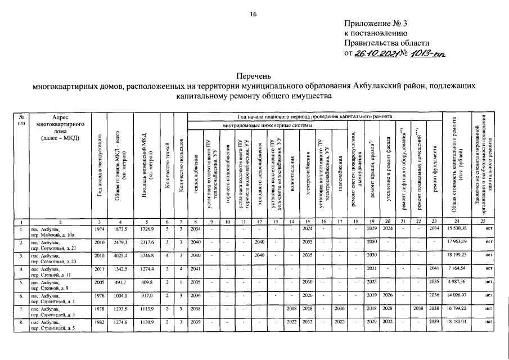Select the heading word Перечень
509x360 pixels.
point(254,75)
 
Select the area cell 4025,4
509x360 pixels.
point(122,256)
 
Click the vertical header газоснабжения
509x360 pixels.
point(339,168)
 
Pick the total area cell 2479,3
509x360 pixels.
point(122,242)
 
